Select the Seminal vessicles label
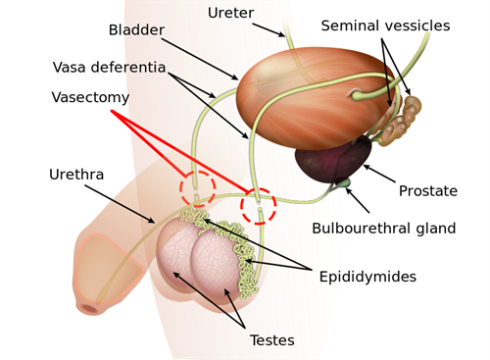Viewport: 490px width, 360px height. click(x=385, y=26)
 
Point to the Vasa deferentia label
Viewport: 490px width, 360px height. click(x=110, y=68)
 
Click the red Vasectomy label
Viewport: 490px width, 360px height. click(x=91, y=99)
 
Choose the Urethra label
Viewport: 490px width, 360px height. click(x=75, y=175)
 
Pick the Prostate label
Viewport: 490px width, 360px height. click(x=427, y=190)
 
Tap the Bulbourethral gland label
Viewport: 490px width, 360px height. click(x=383, y=229)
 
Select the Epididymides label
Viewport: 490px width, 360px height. click(x=367, y=277)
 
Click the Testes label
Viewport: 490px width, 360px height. click(x=271, y=340)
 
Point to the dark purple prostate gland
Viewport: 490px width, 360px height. click(x=334, y=160)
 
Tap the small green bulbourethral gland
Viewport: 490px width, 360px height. click(x=343, y=181)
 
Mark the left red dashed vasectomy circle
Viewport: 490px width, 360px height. click(x=196, y=188)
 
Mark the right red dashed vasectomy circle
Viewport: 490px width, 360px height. click(x=260, y=205)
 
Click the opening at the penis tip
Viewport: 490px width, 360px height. click(x=90, y=307)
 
